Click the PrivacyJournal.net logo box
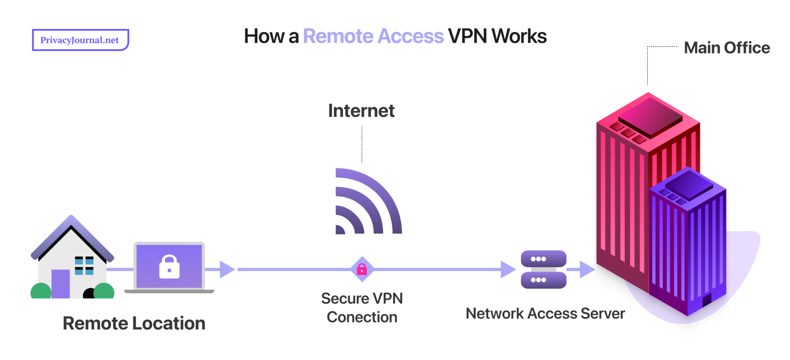[80, 40]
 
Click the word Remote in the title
[338, 36]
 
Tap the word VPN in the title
[467, 36]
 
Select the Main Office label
[727, 48]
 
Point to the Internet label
[361, 111]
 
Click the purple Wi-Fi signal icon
[365, 205]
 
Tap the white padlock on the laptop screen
[169, 267]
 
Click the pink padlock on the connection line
[362, 269]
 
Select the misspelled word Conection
[362, 317]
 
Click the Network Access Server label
[545, 313]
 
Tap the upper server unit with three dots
[543, 259]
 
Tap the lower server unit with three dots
[543, 280]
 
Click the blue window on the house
[84, 265]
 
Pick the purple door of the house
[61, 284]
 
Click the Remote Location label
[134, 323]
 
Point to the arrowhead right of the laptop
[227, 269]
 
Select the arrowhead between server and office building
[587, 269]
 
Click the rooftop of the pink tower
[650, 116]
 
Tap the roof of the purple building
[689, 183]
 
